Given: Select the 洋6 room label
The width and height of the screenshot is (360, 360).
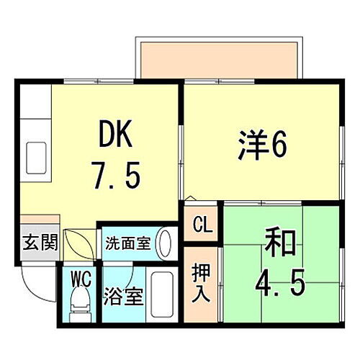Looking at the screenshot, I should pos(261,148).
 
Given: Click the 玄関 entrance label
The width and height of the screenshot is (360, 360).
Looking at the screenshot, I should pos(35,242).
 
